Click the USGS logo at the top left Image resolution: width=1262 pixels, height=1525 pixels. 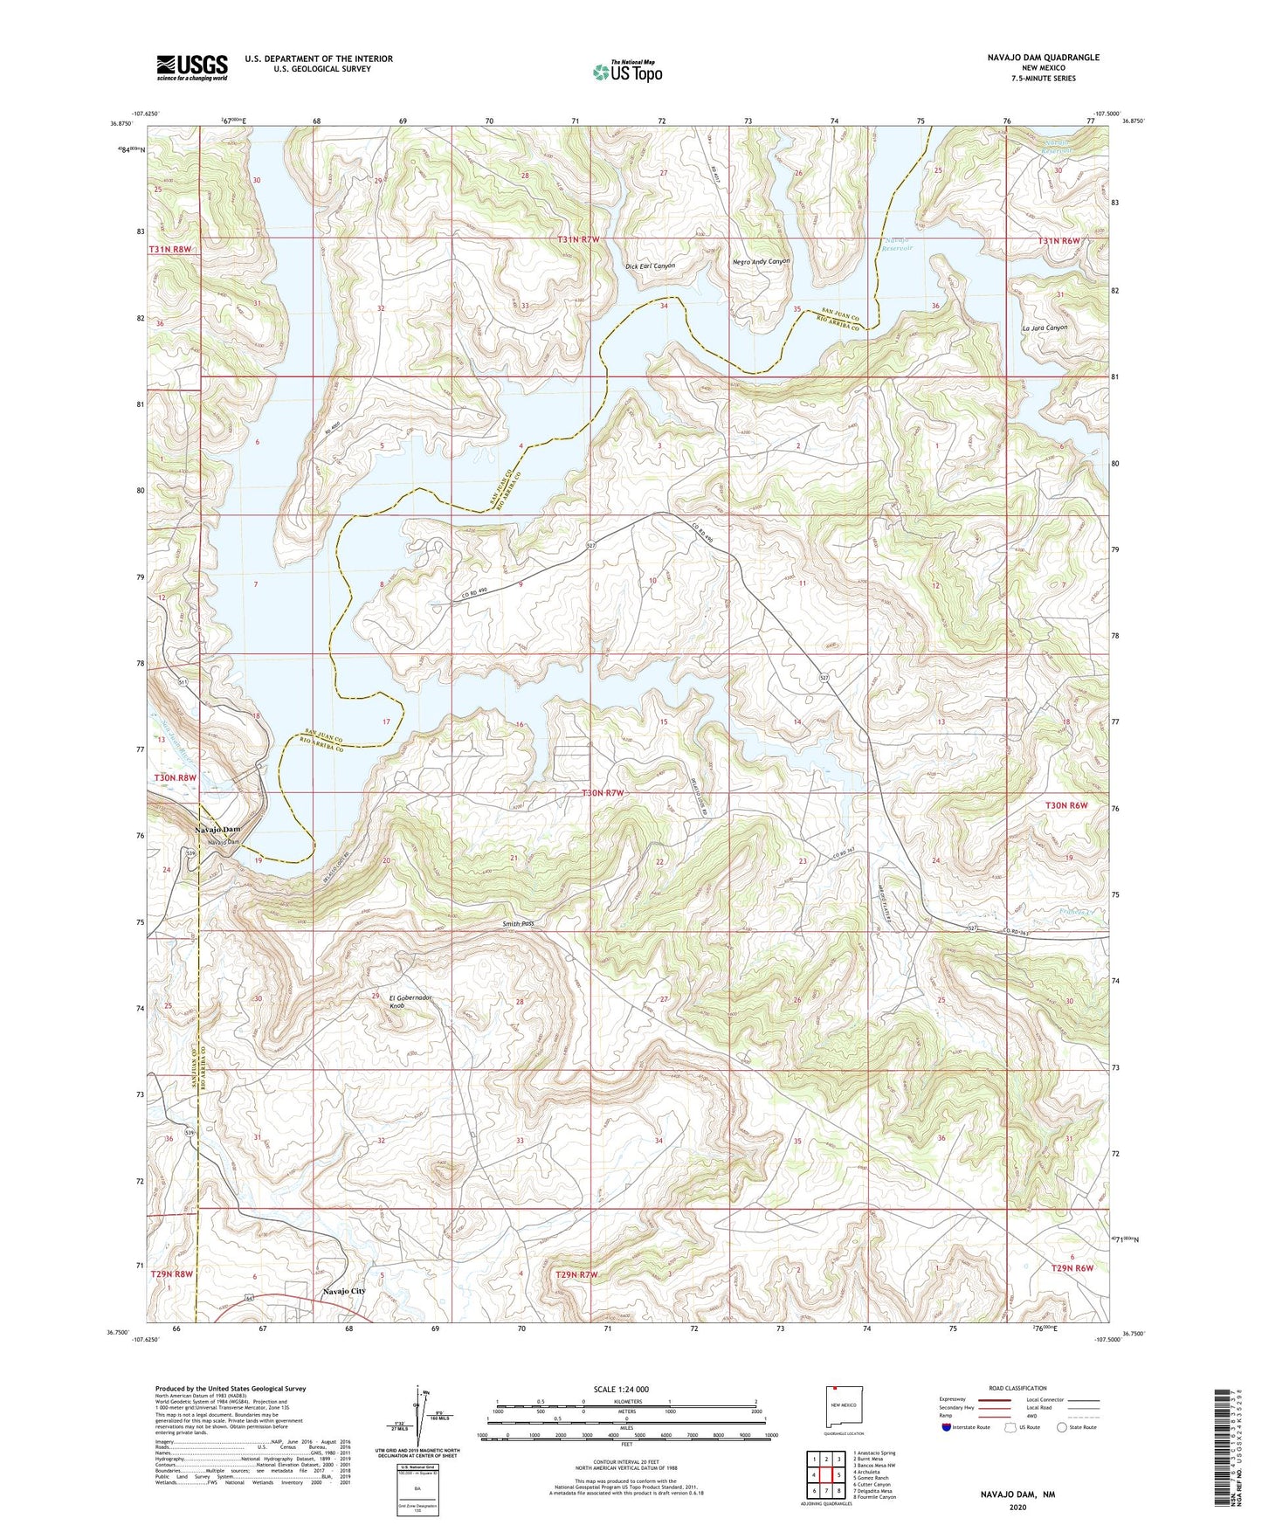[192, 66]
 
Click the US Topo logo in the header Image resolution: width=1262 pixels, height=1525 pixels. [627, 72]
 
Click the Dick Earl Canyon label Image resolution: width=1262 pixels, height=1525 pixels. [650, 266]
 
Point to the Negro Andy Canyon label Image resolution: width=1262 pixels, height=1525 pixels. [761, 261]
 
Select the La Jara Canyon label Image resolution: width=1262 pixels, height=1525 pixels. [1044, 328]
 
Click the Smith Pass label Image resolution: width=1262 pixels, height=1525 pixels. [517, 923]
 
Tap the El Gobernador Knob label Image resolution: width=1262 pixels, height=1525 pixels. [410, 1001]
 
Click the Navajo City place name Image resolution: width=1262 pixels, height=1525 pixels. [343, 1291]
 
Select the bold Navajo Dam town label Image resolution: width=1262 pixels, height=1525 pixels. [217, 829]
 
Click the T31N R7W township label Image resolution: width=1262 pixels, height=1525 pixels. [579, 238]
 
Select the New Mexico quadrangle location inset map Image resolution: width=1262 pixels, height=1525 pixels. [845, 1410]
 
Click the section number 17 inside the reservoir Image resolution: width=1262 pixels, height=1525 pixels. [386, 721]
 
